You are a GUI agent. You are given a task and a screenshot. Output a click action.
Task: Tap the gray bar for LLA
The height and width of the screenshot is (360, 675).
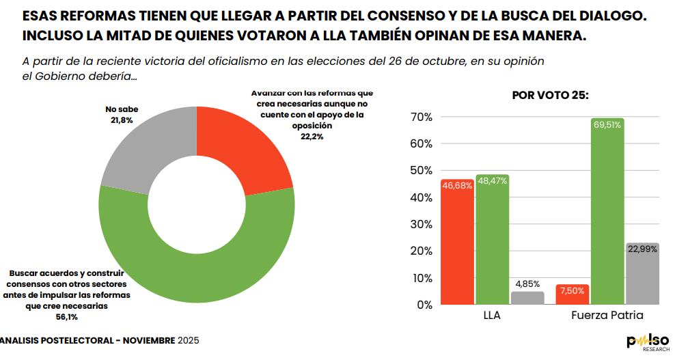pyautogui.click(x=528, y=298)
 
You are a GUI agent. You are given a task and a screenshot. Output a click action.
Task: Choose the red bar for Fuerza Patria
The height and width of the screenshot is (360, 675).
pyautogui.click(x=573, y=294)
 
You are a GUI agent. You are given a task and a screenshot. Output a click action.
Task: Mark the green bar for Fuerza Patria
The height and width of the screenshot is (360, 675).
pyautogui.click(x=607, y=211)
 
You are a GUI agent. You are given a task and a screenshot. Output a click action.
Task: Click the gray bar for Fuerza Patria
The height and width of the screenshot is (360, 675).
pyautogui.click(x=642, y=273)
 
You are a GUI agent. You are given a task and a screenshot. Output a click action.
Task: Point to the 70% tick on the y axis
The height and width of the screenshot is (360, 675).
pyautogui.click(x=420, y=117)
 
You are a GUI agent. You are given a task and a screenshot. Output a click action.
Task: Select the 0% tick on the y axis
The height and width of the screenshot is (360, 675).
pyautogui.click(x=424, y=305)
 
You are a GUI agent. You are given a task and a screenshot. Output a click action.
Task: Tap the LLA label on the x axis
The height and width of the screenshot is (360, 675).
pyautogui.click(x=493, y=316)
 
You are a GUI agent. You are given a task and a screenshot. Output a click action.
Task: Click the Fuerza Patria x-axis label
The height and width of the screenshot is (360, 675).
pyautogui.click(x=607, y=316)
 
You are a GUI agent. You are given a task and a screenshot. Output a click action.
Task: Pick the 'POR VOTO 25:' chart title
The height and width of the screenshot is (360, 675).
pyautogui.click(x=550, y=96)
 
